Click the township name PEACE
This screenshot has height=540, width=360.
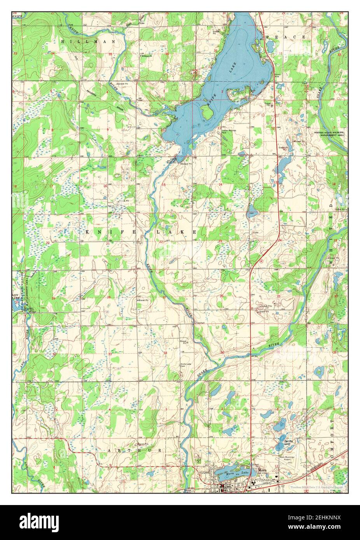[x=286, y=37]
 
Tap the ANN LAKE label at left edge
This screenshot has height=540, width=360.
[x=15, y=297]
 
